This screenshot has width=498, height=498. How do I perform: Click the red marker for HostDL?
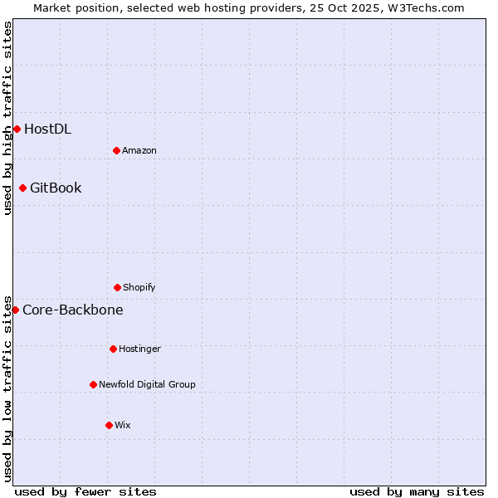pos(17,129)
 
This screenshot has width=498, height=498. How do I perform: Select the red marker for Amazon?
pos(116,150)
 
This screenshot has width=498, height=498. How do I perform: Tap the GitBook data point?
pos(22,188)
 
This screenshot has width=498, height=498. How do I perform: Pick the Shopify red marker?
pos(117,287)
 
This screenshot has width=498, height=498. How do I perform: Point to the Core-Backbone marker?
pos(15,310)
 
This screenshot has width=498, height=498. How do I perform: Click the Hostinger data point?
pos(113,349)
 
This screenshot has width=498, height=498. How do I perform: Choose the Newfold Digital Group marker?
pos(93,384)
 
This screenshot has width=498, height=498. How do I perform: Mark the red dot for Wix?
pos(109,425)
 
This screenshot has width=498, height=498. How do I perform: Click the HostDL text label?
pos(47,129)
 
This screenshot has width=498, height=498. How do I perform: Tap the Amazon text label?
pos(139,150)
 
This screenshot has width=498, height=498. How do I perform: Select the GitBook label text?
pos(56,188)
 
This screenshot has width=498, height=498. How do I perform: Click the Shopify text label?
pos(139,287)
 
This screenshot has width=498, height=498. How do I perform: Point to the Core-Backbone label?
pos(73,310)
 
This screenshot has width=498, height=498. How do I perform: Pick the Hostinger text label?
pos(139,349)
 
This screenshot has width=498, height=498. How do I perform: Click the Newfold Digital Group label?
pos(147,384)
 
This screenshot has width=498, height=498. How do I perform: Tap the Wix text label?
pos(123,425)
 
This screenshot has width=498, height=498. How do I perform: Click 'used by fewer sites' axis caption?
pos(85,491)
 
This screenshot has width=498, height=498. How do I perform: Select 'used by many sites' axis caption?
pos(417,491)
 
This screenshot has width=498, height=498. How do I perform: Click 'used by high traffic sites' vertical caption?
pos(7,118)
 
